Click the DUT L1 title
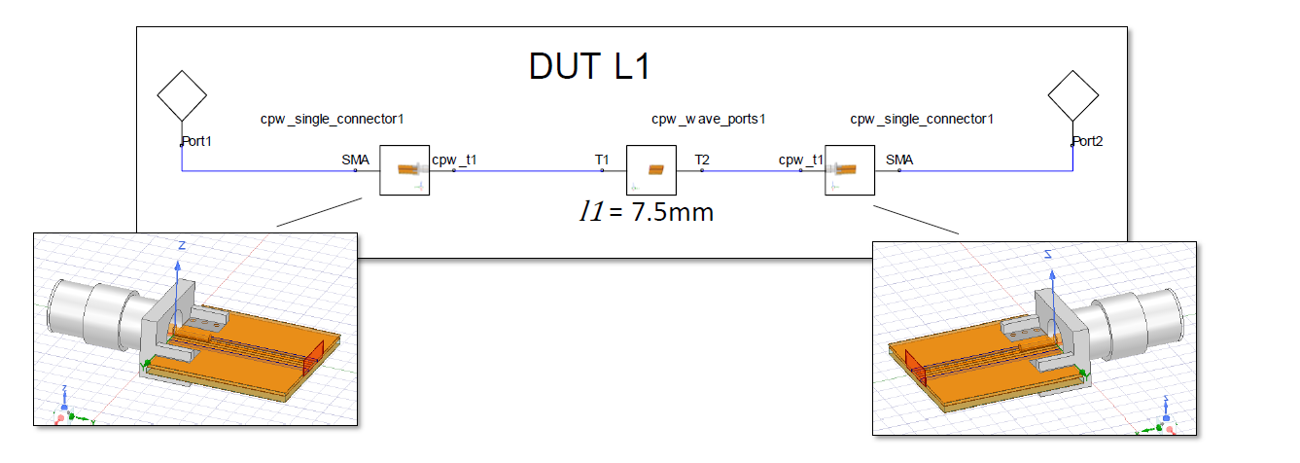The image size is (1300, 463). point(588,66)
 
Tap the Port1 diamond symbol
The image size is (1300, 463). point(182,95)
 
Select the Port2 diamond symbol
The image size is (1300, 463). point(1073,95)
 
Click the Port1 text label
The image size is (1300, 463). point(197,141)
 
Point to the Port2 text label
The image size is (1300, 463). point(1089,141)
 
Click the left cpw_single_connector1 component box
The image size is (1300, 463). point(404,170)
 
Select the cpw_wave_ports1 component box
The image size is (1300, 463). point(650,170)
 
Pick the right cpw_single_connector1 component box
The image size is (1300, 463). point(850,170)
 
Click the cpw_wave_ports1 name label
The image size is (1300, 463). point(709,119)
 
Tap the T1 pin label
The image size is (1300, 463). point(602,160)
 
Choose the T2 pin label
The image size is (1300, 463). point(702,160)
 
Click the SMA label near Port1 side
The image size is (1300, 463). point(355,160)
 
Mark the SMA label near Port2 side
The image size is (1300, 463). point(899,160)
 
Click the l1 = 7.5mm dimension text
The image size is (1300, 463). point(646,211)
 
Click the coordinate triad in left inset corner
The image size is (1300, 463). point(62,409)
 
